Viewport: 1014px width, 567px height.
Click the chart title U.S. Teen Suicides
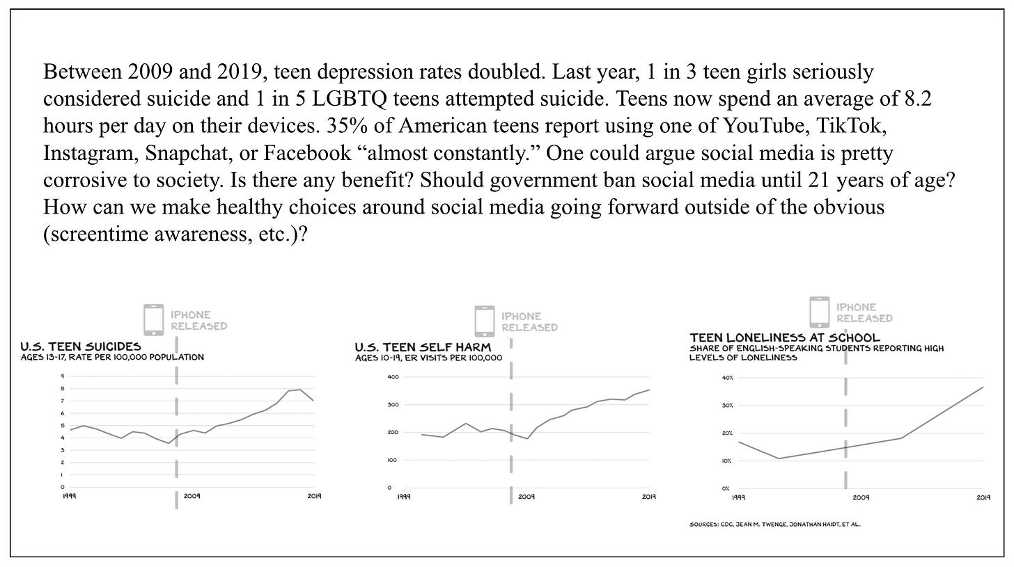coord(81,346)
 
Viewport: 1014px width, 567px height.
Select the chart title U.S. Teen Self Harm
coord(423,346)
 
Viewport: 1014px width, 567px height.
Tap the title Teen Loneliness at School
coord(785,337)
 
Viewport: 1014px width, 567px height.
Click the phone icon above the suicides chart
coord(153,319)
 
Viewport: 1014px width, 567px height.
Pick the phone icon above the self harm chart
coord(484,321)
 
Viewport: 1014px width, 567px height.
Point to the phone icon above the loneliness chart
coord(819,312)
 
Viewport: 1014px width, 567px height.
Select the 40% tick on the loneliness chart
coord(728,378)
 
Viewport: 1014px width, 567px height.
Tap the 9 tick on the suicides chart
coord(63,376)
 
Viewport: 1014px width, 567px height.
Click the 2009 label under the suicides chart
coord(192,496)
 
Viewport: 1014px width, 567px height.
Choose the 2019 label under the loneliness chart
coord(983,497)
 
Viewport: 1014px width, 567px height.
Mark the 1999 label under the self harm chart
coord(403,497)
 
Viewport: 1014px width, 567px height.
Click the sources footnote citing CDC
coord(774,525)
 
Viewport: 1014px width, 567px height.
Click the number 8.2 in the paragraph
coord(917,99)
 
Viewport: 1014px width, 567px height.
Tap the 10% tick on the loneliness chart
coord(728,461)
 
